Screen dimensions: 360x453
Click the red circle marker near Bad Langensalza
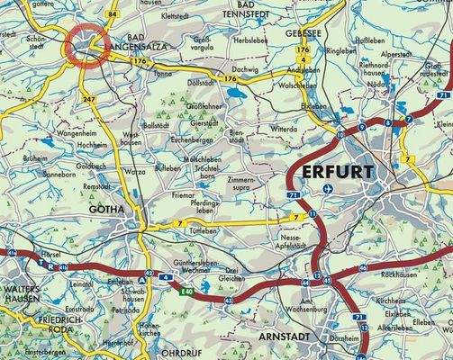[87, 43]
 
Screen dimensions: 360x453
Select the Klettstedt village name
[177, 15]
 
